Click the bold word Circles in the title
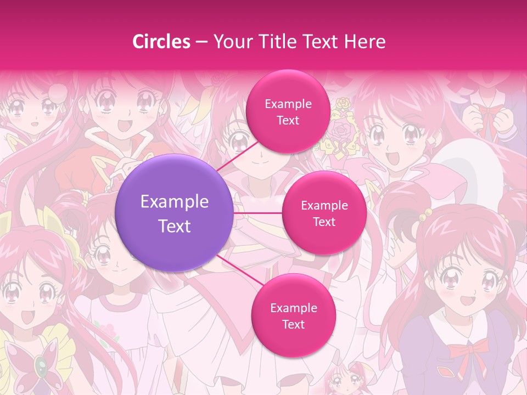[161, 42]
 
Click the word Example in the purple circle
[175, 202]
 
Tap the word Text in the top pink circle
[288, 120]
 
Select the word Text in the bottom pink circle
[293, 324]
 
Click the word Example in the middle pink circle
[324, 206]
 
